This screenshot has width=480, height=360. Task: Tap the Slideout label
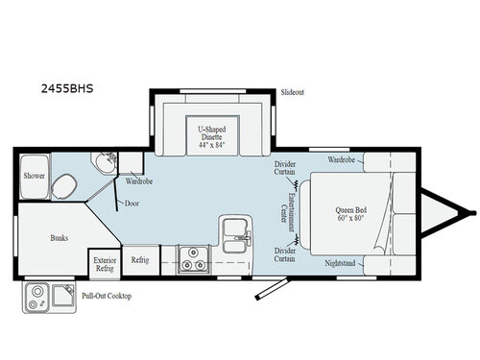pyautogui.click(x=293, y=92)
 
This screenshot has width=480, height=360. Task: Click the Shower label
pyautogui.click(x=35, y=177)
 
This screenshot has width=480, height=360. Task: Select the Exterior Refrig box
pyautogui.click(x=104, y=263)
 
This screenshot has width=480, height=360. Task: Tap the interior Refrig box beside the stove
pyautogui.click(x=139, y=259)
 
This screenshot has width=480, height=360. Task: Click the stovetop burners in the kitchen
pyautogui.click(x=191, y=259)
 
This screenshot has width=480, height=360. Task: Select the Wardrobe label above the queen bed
pyautogui.click(x=343, y=158)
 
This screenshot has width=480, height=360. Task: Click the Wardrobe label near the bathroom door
pyautogui.click(x=140, y=180)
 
